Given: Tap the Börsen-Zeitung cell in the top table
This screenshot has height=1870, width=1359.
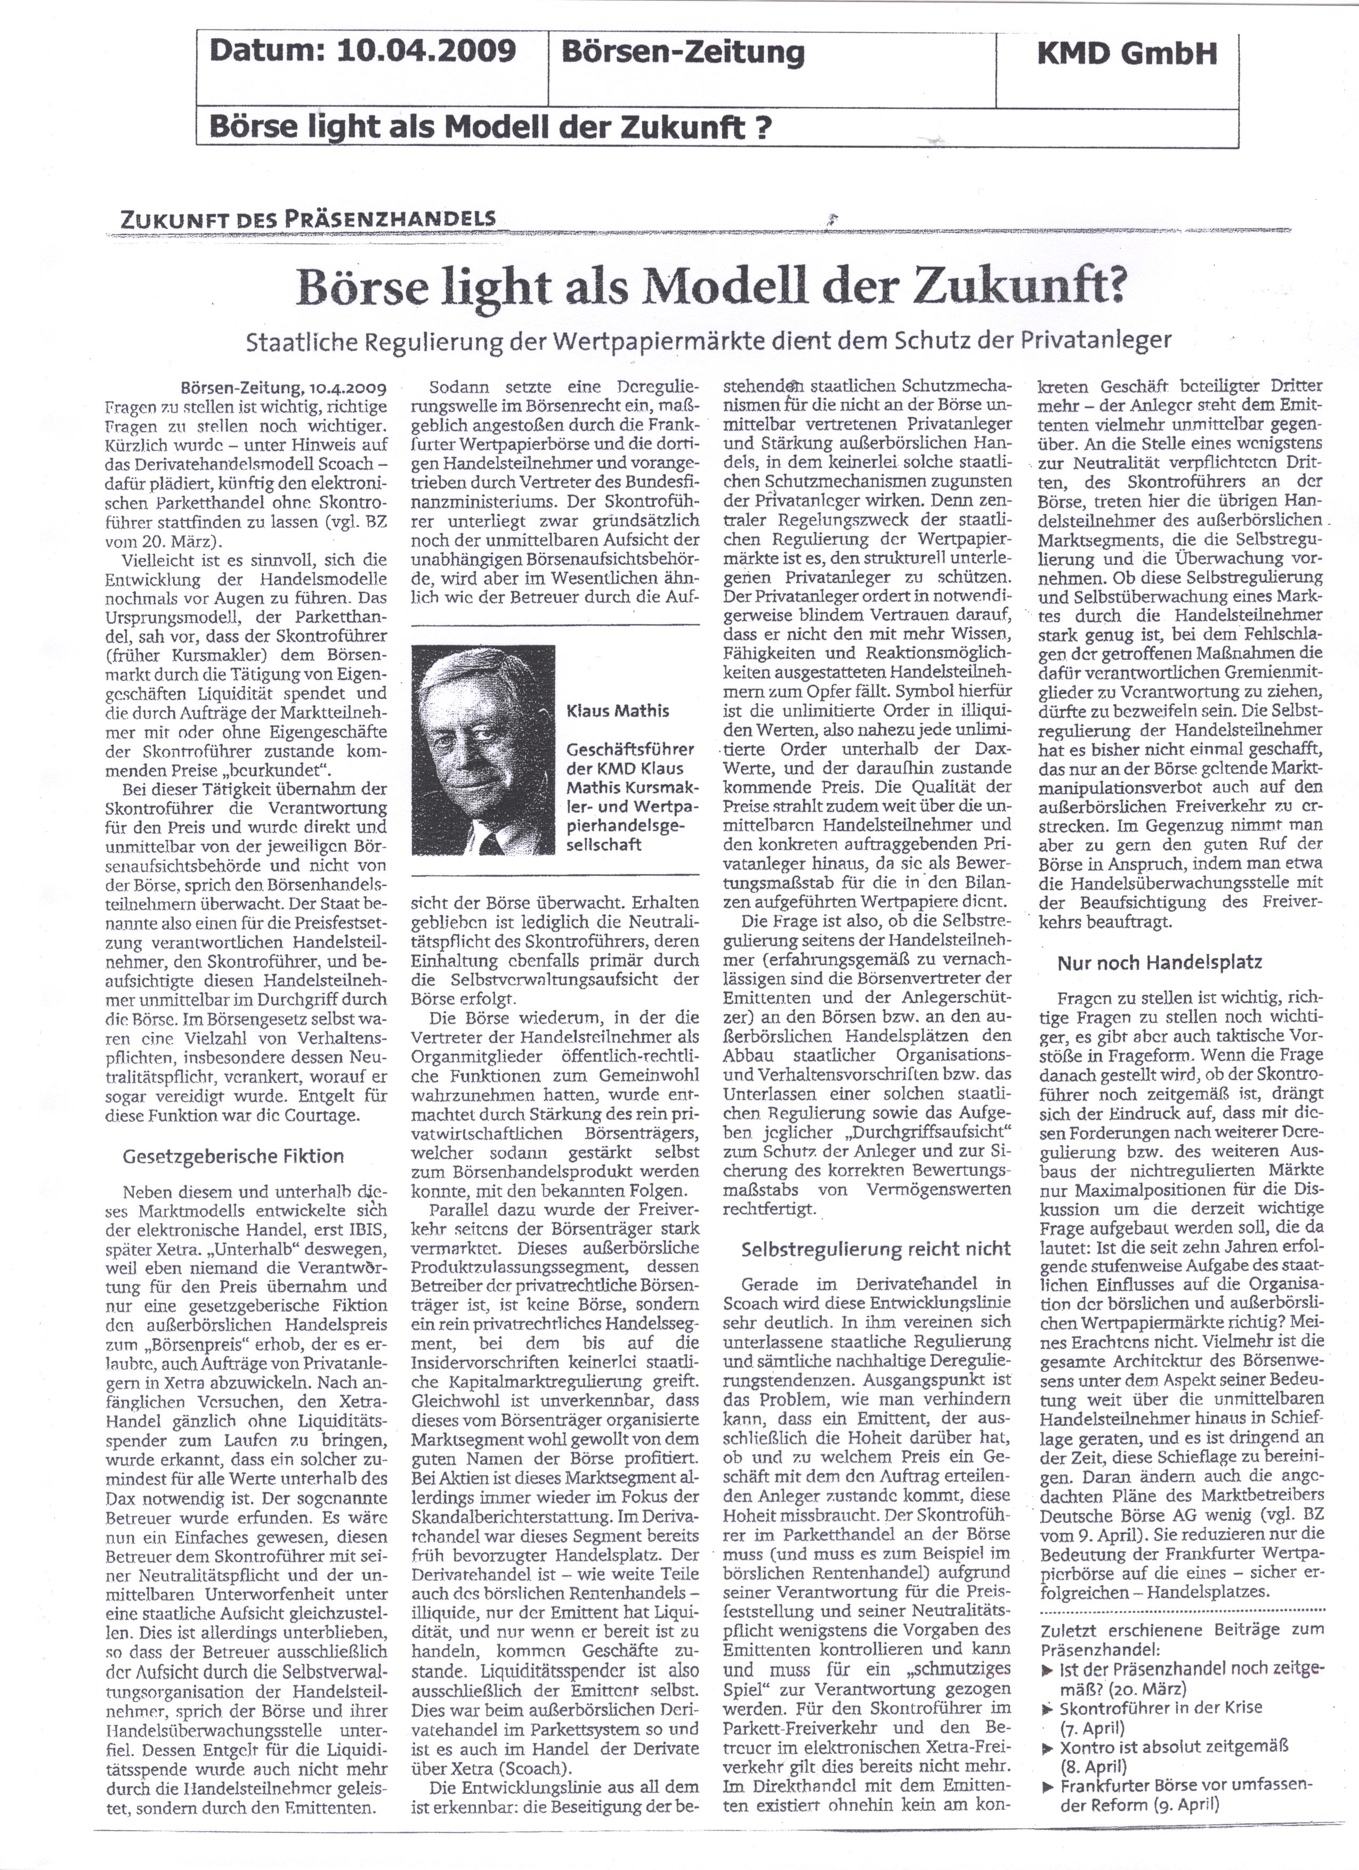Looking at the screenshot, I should (x=682, y=53).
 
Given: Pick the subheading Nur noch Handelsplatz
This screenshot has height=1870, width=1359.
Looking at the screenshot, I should (x=1160, y=962).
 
